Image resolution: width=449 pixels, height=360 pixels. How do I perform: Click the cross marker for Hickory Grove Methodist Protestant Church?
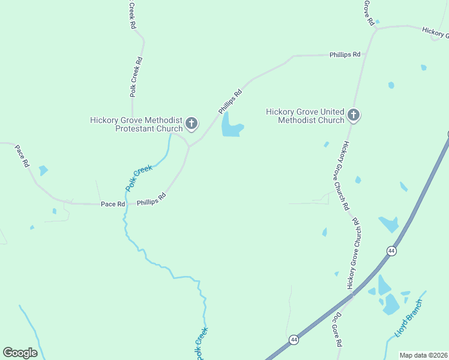[x=191, y=124]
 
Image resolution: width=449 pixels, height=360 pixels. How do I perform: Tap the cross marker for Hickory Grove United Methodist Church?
[x=354, y=115]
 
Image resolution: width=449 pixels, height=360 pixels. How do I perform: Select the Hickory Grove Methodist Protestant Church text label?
[x=136, y=124]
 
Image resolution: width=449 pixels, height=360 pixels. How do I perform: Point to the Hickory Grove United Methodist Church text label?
[x=306, y=115]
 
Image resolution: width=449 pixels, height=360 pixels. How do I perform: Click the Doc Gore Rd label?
[x=338, y=330]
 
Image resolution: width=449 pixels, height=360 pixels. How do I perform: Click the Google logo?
[x=20, y=353]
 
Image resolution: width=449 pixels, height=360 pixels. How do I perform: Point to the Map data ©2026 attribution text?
[x=423, y=355]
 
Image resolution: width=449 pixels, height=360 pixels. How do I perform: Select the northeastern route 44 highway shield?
[x=391, y=251]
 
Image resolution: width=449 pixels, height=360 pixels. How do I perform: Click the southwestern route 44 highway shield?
[x=293, y=340]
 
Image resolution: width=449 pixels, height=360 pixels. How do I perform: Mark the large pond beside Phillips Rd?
[x=231, y=126]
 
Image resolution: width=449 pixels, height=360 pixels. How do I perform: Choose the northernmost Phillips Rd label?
[x=345, y=55]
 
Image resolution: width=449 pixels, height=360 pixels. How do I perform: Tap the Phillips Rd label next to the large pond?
[x=230, y=101]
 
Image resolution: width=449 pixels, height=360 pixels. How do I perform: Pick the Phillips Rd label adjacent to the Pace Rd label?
[x=151, y=200]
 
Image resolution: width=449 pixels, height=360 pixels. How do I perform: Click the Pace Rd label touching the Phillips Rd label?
[x=113, y=205]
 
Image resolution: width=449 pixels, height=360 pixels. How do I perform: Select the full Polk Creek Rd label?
[x=136, y=77]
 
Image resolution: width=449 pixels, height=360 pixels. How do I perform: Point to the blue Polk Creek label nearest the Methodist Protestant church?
[x=139, y=178]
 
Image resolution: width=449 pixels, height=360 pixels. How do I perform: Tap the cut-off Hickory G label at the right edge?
[x=435, y=32]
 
